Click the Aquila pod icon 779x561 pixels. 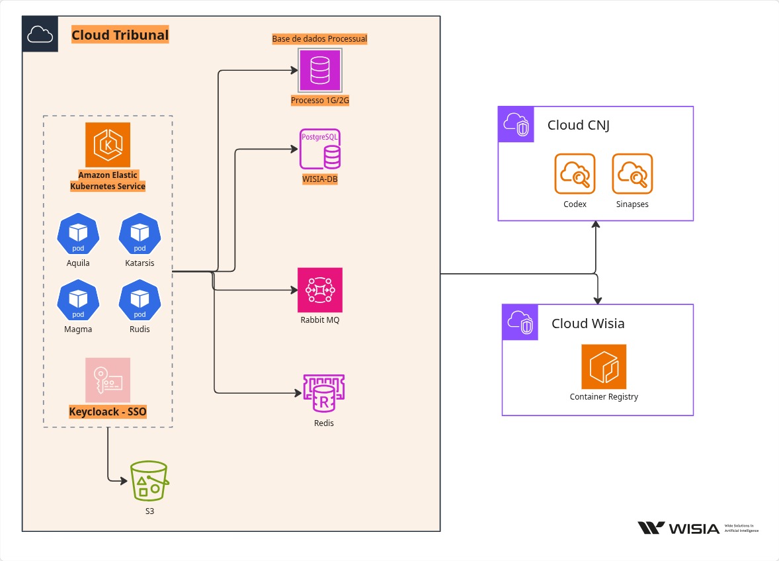(x=78, y=233)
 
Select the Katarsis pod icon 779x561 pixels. (x=140, y=233)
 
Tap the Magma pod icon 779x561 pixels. (x=78, y=300)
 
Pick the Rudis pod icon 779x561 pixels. (x=140, y=300)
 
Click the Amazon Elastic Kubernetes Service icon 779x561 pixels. (x=108, y=144)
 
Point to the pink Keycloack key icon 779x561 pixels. (x=108, y=380)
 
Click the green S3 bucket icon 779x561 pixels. (x=149, y=481)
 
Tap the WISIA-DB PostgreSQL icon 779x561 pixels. (x=321, y=150)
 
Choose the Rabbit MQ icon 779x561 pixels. (x=321, y=290)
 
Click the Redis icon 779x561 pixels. (x=323, y=394)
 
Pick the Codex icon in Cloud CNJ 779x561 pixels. (x=575, y=174)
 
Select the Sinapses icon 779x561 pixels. (x=632, y=174)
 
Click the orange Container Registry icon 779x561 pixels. (x=604, y=367)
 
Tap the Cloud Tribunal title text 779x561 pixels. (x=120, y=35)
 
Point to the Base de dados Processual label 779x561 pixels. (x=319, y=39)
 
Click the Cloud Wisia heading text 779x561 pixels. (x=588, y=324)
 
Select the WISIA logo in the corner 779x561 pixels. (x=678, y=528)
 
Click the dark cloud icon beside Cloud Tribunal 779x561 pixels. (x=40, y=34)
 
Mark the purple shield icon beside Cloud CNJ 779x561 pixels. (x=516, y=124)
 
